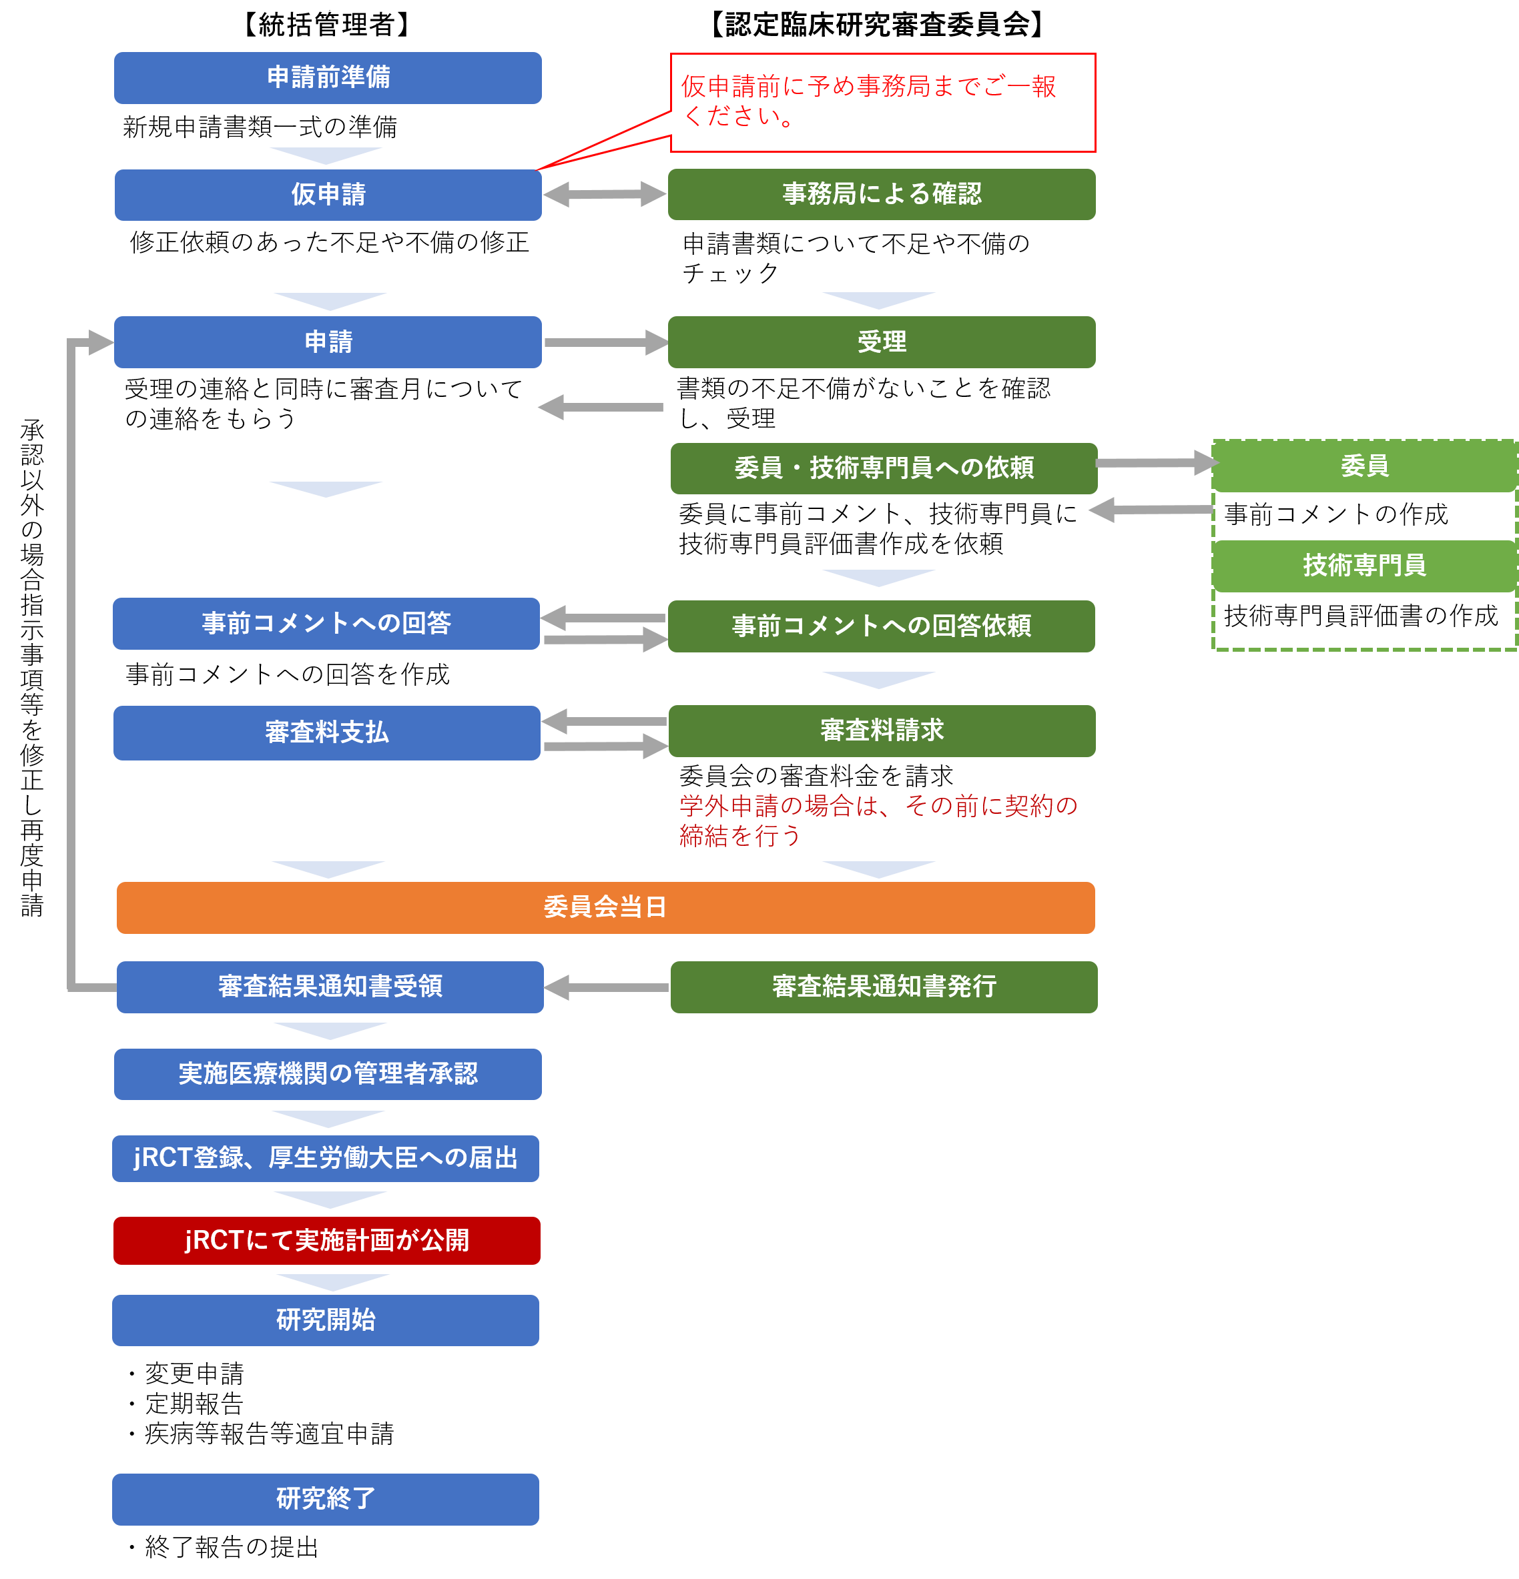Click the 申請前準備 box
327,77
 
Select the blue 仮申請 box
327,194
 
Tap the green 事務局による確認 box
881,194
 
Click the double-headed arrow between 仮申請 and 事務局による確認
605,194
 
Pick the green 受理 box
881,342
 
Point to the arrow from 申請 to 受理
605,342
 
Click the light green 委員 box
1363,466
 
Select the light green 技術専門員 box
1363,566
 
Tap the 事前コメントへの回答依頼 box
881,626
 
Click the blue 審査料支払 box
326,732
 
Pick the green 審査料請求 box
881,730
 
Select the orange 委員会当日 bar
605,907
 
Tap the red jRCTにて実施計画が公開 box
326,1240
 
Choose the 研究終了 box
325,1498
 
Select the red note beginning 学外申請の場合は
878,820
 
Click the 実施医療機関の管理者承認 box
327,1073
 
